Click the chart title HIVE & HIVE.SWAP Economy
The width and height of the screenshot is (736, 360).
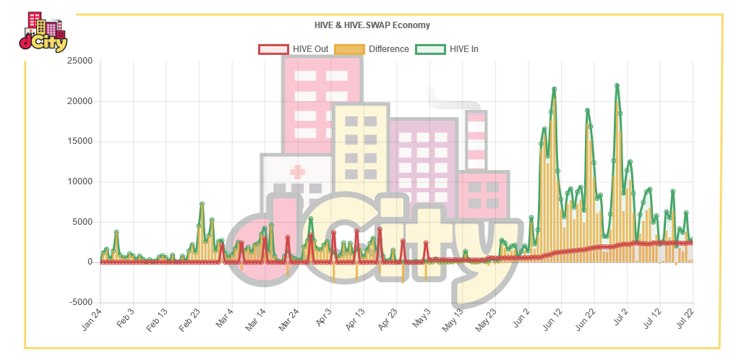point(372,25)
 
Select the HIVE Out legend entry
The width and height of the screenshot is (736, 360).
point(294,49)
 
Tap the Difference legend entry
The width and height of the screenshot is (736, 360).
point(372,49)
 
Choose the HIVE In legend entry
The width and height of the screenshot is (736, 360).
point(447,49)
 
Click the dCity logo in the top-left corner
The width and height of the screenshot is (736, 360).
point(43,32)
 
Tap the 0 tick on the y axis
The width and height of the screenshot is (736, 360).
point(90,262)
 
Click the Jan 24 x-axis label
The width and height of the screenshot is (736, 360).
point(92,320)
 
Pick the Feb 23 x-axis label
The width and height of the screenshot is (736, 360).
point(191,320)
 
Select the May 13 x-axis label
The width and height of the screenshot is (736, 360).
point(454,320)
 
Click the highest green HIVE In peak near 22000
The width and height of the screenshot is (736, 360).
point(617,85)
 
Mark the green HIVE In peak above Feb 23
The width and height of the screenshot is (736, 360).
point(202,204)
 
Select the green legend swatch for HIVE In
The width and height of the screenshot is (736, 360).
point(430,49)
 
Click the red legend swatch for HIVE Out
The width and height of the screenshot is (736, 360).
point(273,49)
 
